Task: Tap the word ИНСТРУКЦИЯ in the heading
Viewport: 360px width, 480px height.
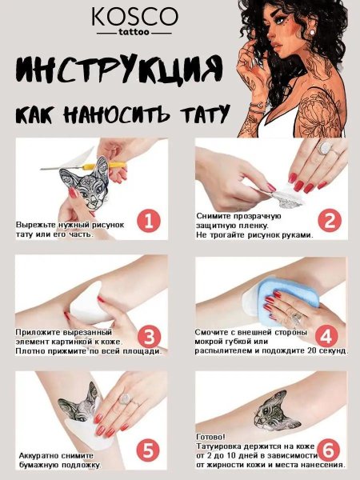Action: click(x=118, y=70)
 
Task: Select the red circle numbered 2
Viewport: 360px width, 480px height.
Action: click(x=326, y=218)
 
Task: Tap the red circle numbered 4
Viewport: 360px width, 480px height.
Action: click(x=326, y=335)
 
